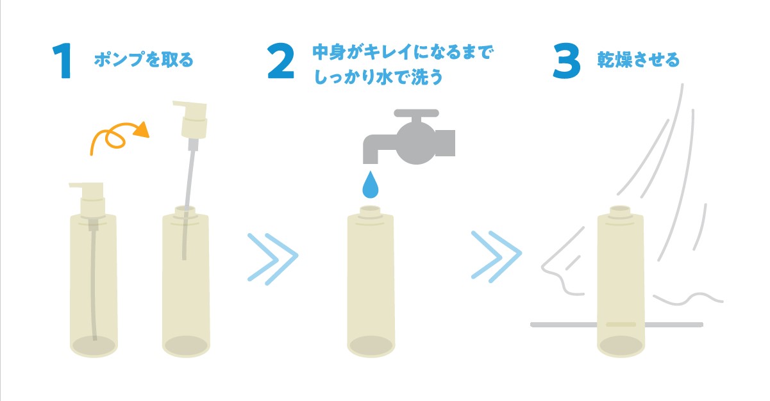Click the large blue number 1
[63, 61]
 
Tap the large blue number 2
[281, 61]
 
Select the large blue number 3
[567, 61]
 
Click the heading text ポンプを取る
[144, 60]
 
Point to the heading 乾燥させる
[639, 60]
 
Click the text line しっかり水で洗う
[378, 77]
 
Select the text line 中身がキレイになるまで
[403, 53]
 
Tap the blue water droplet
[371, 184]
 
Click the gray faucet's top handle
[416, 113]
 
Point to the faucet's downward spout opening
[371, 160]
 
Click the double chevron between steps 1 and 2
[273, 259]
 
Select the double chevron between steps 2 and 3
[497, 256]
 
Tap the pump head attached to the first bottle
[89, 199]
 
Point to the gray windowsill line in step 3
[616, 324]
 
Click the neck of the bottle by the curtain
[620, 211]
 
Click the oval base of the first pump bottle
[94, 345]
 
